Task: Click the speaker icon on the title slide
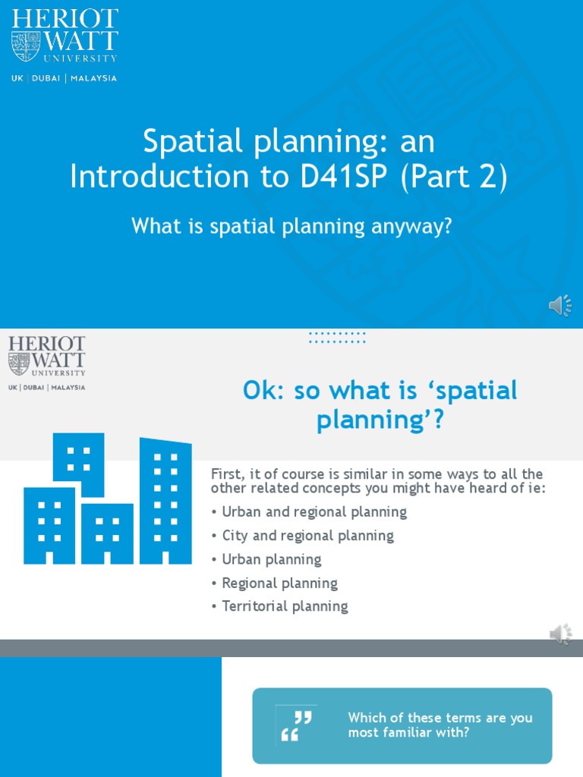[560, 305]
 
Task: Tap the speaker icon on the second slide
[560, 634]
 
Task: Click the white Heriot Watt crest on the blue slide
[26, 46]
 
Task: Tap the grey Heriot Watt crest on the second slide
[19, 363]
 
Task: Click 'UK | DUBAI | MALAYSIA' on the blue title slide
[64, 78]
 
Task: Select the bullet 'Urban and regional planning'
[314, 512]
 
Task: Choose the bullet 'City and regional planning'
[307, 536]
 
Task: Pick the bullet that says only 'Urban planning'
[271, 559]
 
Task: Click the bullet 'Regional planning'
[279, 583]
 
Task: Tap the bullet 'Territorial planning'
[285, 606]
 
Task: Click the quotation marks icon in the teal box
[296, 725]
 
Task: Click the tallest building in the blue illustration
[165, 501]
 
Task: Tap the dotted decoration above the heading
[337, 337]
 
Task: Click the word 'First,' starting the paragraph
[228, 473]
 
